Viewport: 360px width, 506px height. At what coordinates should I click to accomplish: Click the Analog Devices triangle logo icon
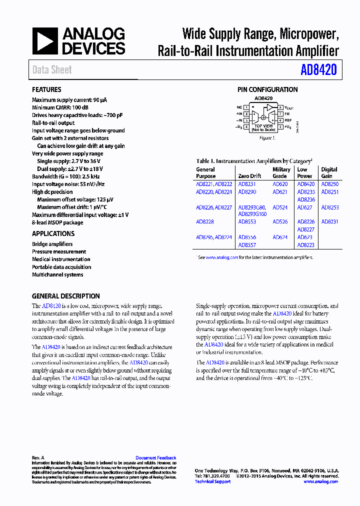tap(45, 41)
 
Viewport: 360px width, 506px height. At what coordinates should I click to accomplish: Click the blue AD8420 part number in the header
tap(318, 70)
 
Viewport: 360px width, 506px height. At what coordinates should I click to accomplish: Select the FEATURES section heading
tap(46, 89)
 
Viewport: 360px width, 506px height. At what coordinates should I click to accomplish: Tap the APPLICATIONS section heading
tap(53, 233)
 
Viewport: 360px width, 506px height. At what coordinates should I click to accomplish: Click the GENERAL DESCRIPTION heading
tap(65, 296)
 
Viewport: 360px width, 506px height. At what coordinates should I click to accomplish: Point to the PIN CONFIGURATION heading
tap(267, 89)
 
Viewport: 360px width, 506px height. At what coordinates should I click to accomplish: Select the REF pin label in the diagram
tap(288, 120)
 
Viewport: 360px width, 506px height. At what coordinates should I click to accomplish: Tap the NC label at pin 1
tap(239, 107)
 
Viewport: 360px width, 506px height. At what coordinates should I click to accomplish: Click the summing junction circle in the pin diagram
tap(263, 117)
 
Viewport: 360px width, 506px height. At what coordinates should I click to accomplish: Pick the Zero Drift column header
tap(250, 176)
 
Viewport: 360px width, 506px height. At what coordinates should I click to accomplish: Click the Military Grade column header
tap(281, 173)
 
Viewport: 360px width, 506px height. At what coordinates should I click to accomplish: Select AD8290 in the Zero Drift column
tap(247, 191)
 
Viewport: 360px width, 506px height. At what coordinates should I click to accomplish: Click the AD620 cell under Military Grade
tap(280, 184)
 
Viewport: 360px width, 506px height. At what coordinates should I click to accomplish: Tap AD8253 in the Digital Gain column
tap(329, 207)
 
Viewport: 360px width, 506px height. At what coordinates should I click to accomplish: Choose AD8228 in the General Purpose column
tap(204, 221)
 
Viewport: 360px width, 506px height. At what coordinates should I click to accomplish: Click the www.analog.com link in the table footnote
tap(221, 257)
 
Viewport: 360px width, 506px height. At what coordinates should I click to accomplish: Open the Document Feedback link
tap(155, 457)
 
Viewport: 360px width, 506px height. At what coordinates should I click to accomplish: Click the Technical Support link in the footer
tap(212, 481)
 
